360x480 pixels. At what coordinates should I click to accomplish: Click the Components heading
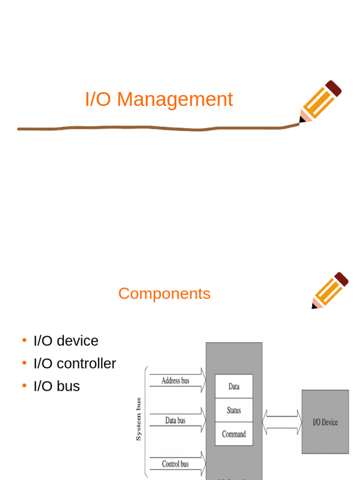click(164, 293)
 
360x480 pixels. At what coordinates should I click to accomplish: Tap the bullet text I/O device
click(66, 341)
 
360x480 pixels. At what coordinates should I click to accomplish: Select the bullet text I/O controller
click(75, 363)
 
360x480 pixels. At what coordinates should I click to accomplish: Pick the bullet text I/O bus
click(57, 386)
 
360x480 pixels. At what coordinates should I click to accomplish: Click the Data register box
click(234, 386)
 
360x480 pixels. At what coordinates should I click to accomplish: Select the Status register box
click(234, 410)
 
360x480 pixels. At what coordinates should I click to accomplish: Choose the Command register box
click(234, 434)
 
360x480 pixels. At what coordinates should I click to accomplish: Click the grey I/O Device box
click(325, 422)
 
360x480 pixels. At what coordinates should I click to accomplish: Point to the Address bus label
click(175, 381)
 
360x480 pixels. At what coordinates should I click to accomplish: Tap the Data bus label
click(175, 420)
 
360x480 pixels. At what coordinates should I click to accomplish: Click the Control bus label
click(175, 464)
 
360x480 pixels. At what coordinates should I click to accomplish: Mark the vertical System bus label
click(138, 419)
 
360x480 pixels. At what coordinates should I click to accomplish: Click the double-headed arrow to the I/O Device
click(281, 422)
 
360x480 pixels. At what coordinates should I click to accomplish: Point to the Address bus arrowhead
click(202, 381)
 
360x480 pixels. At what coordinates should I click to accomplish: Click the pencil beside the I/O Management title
click(320, 102)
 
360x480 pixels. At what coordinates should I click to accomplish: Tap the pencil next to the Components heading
click(330, 291)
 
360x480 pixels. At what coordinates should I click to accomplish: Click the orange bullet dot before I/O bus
click(24, 386)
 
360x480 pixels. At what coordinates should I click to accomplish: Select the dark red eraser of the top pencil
click(333, 88)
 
